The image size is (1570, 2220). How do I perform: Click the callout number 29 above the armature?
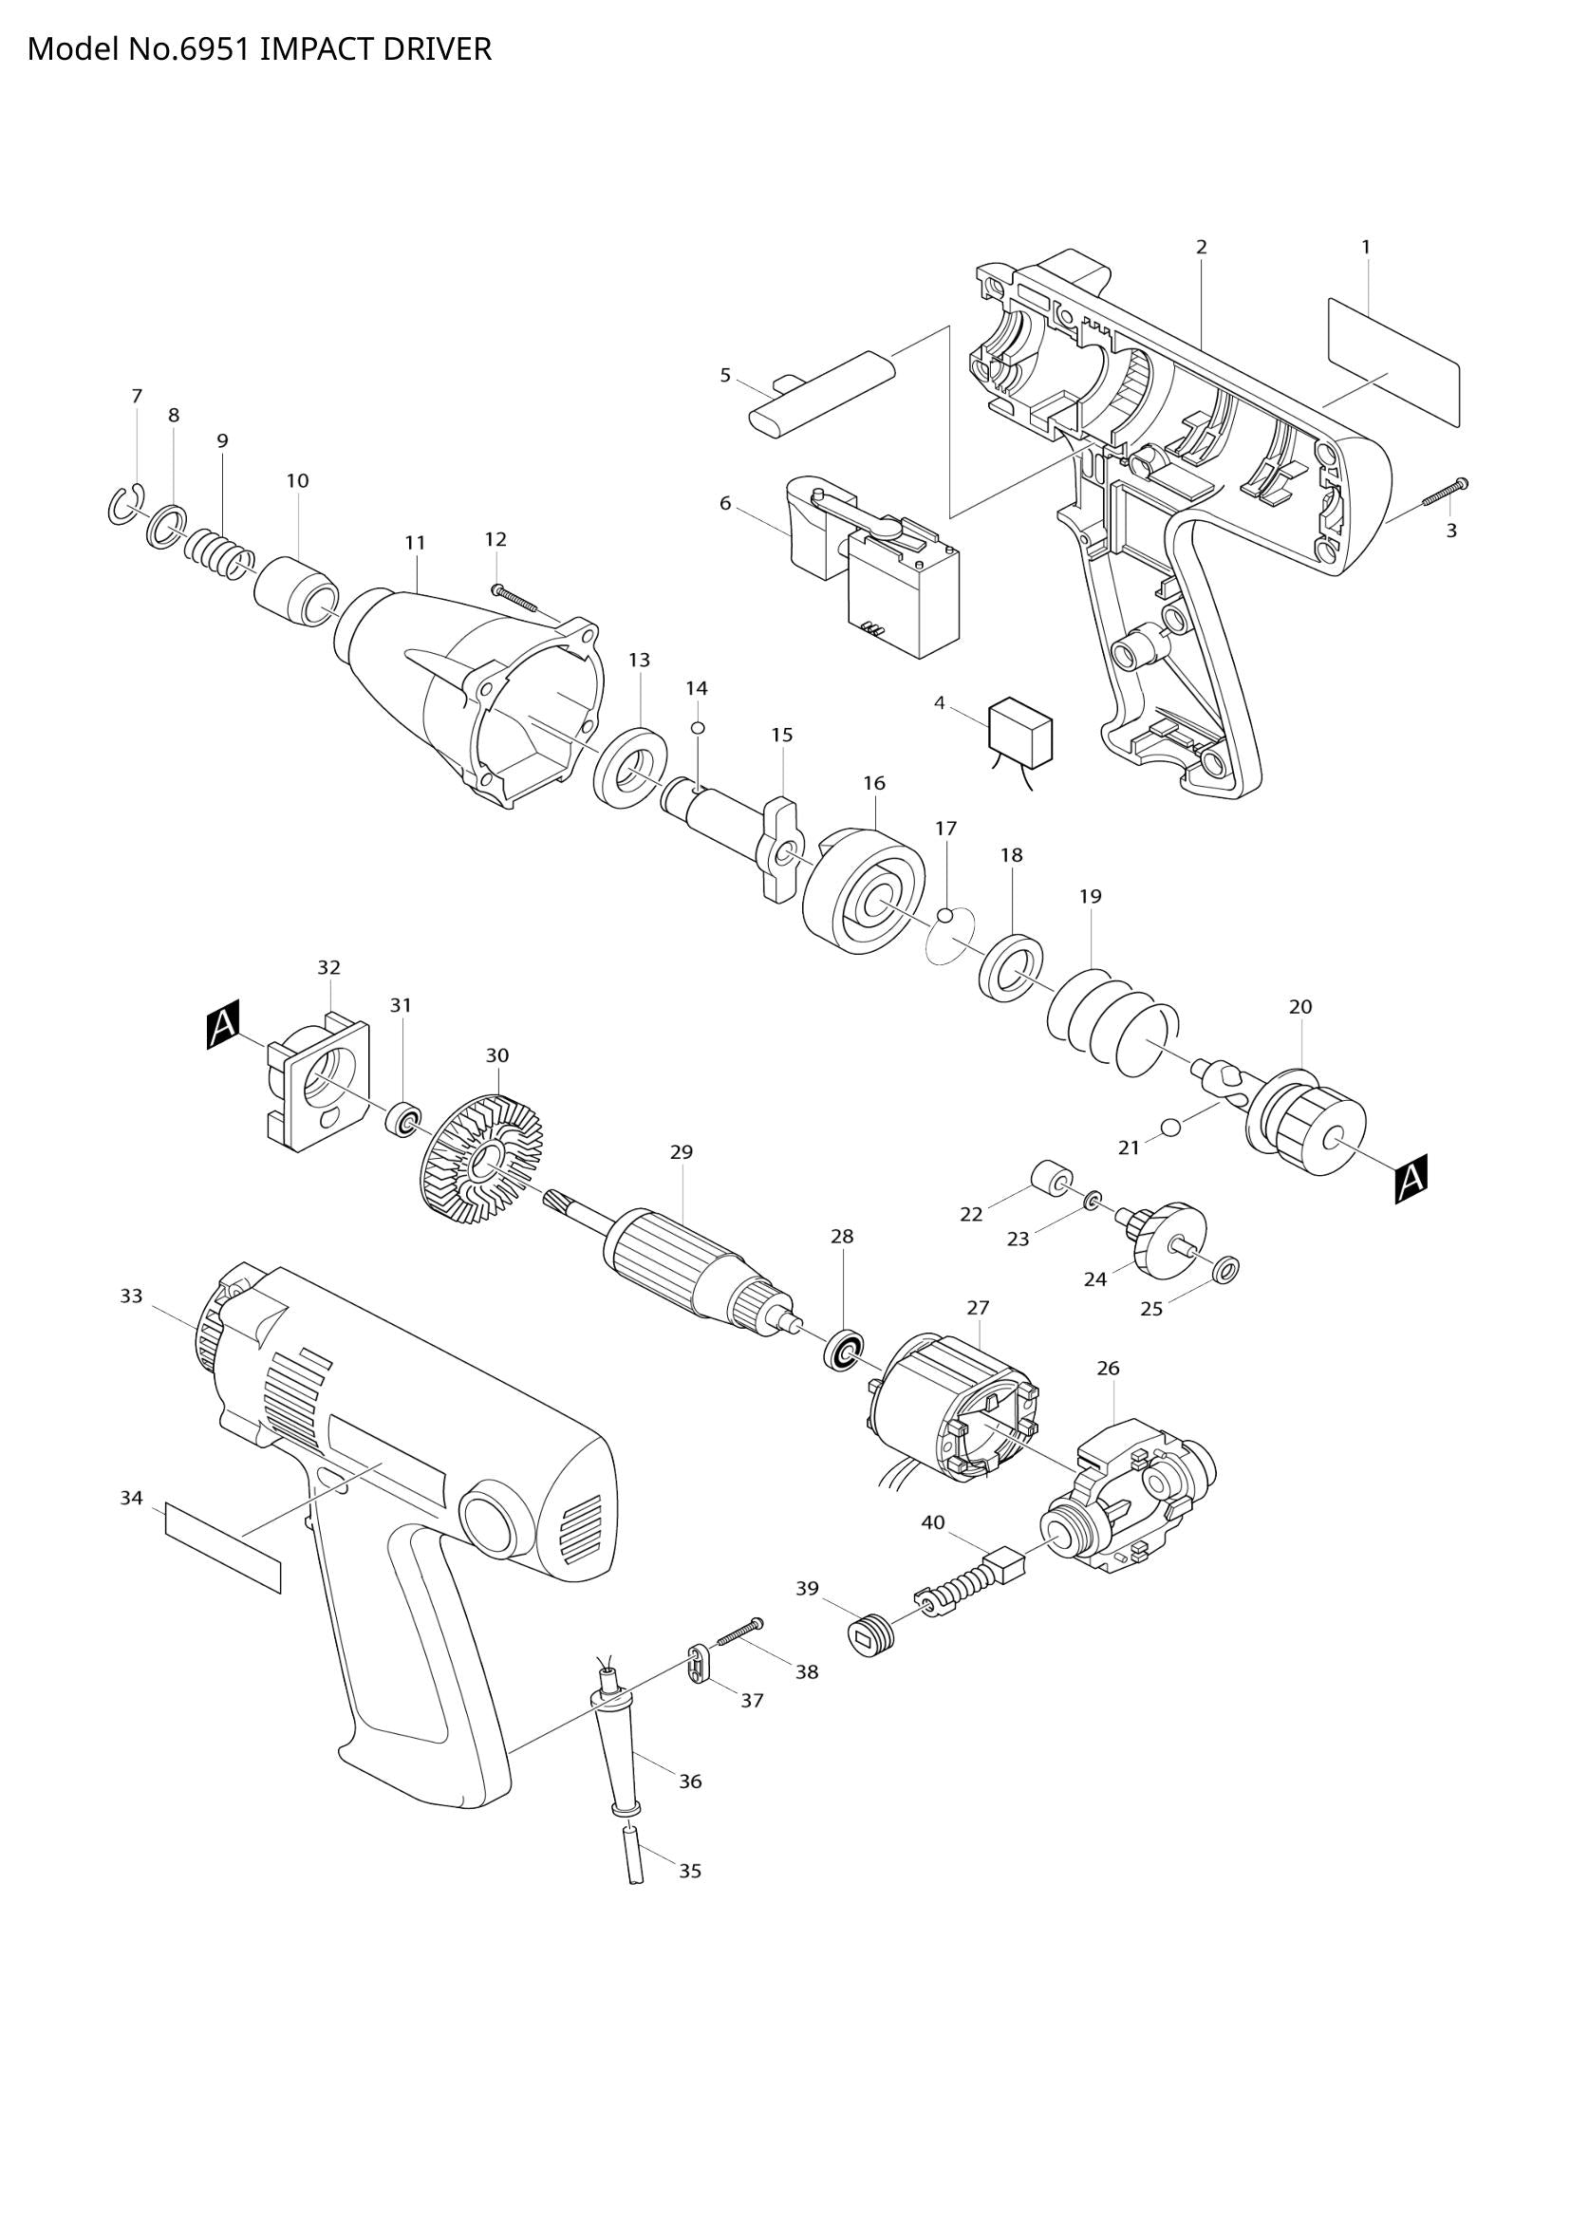pos(682,1151)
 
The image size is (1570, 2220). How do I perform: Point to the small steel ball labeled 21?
pos(1171,1127)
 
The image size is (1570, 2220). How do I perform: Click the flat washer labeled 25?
pos(1225,1267)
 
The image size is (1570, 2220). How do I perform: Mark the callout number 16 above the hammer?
pos(874,782)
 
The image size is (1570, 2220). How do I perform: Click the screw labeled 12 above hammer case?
pos(516,597)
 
